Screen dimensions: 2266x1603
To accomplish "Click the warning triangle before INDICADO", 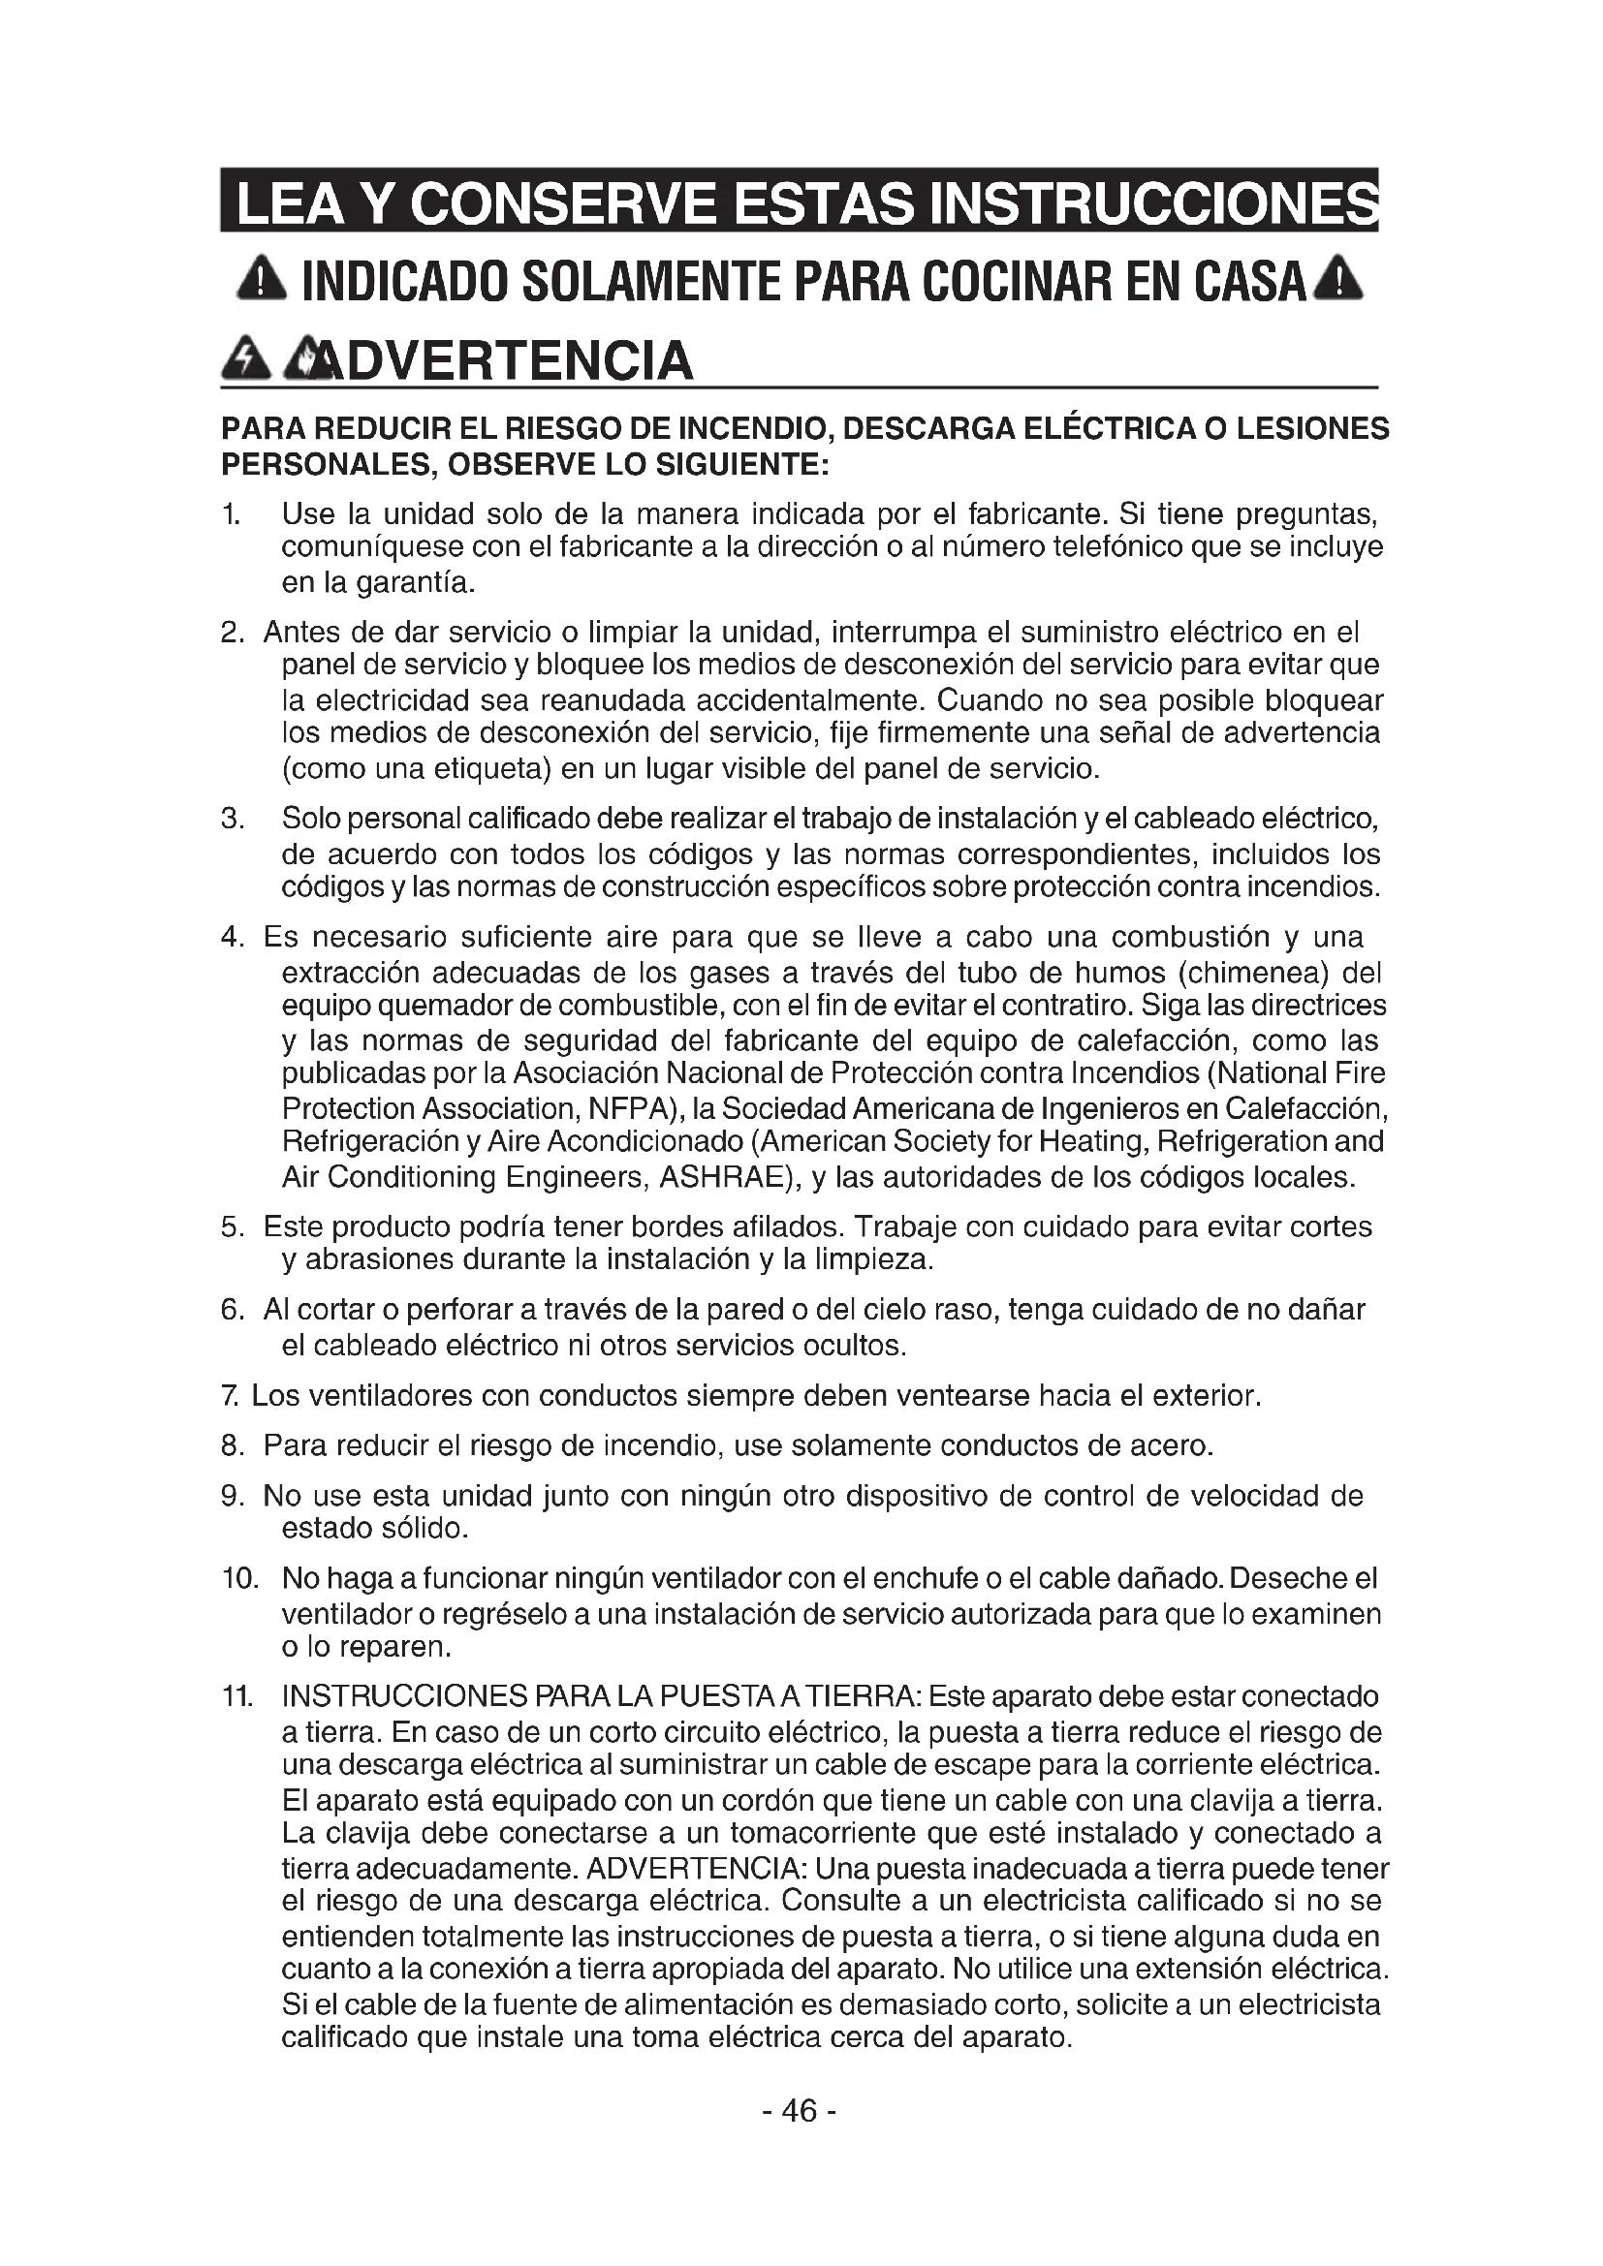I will click(x=262, y=282).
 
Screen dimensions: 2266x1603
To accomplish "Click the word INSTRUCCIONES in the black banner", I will click(x=1155, y=202).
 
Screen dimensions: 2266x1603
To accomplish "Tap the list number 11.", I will click(x=236, y=1696).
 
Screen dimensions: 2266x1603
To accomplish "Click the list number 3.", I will click(x=232, y=819).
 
